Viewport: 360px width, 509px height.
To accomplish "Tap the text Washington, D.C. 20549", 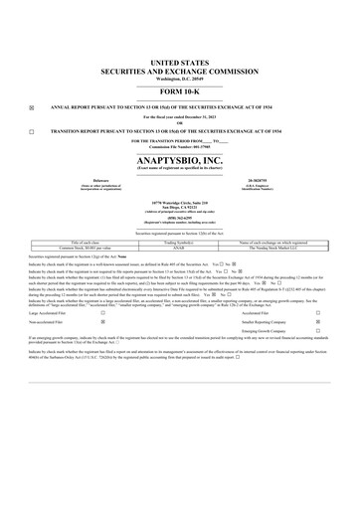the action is pos(179,78).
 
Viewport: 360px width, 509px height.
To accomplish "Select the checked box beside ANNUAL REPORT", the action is pos(32,106).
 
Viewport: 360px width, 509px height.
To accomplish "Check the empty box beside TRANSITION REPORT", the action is pos(32,131).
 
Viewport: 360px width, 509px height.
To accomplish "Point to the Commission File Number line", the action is pos(179,147).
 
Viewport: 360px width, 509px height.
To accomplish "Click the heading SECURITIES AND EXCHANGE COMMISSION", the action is pos(179,71).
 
